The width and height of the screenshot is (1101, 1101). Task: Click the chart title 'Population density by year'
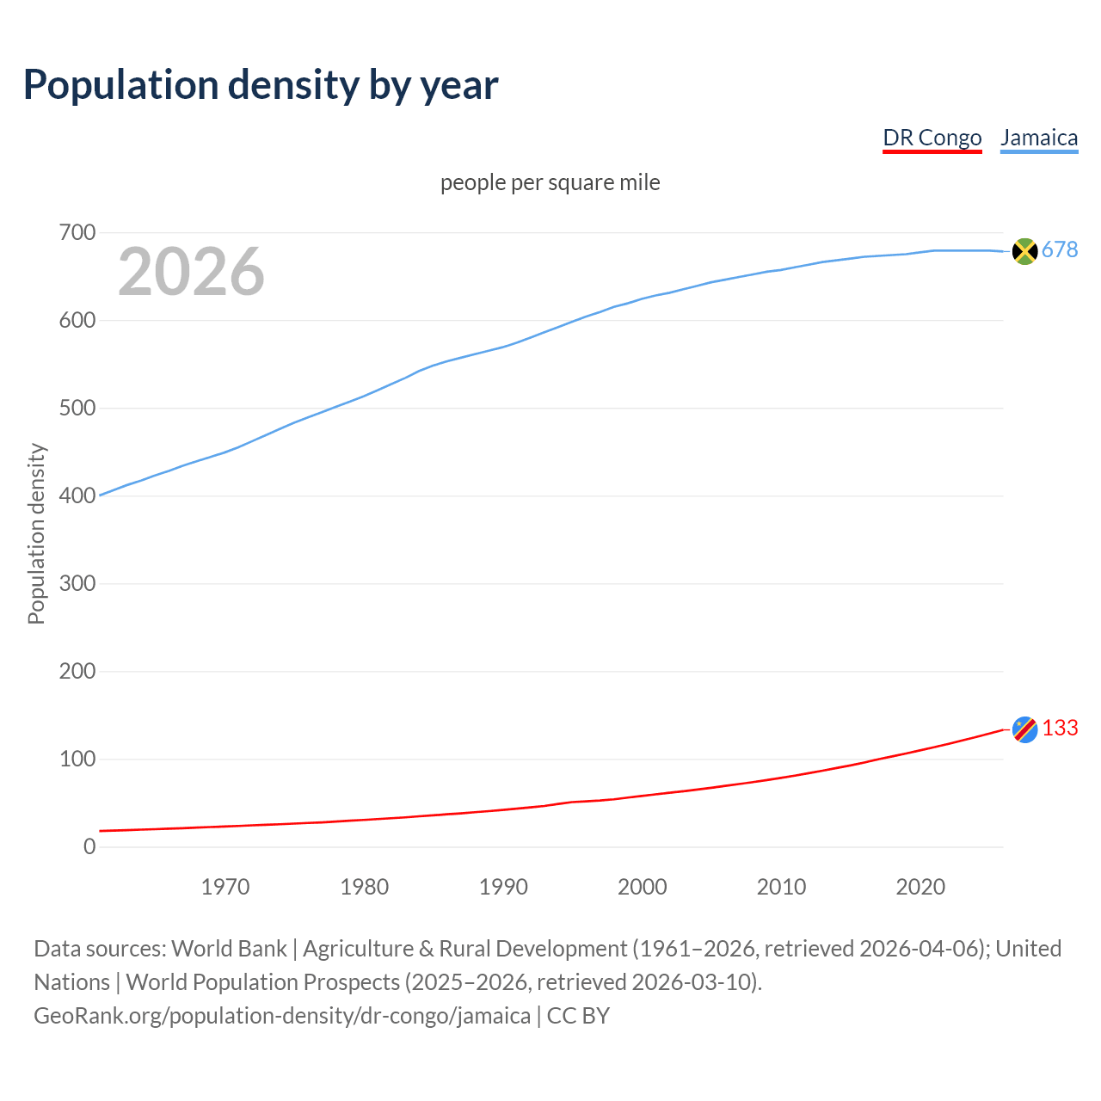click(261, 84)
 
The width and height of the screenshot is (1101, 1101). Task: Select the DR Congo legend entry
click(932, 138)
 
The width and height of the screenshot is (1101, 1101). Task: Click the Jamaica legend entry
click(1039, 138)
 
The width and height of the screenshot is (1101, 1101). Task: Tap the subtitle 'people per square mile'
click(550, 182)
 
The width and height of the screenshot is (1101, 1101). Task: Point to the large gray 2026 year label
click(191, 272)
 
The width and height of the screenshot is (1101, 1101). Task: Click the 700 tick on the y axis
click(77, 233)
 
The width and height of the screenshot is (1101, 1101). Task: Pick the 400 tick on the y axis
click(77, 496)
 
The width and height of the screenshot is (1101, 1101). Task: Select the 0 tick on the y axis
click(89, 846)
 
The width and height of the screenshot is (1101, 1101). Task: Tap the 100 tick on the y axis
click(77, 759)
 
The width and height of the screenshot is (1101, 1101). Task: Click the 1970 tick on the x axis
click(225, 887)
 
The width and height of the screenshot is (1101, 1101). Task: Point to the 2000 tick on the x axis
click(642, 887)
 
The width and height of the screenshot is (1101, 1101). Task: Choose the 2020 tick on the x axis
click(920, 887)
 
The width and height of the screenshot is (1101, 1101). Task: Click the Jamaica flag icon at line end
click(1024, 251)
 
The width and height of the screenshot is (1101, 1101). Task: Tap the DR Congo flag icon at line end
click(1024, 729)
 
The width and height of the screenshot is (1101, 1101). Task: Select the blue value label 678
click(1060, 249)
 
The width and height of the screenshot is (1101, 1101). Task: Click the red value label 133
click(1060, 728)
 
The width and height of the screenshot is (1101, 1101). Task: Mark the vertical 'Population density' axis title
click(36, 533)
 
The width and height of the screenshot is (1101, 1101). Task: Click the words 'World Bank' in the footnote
click(229, 949)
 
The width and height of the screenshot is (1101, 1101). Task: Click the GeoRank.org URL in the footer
click(282, 1016)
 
